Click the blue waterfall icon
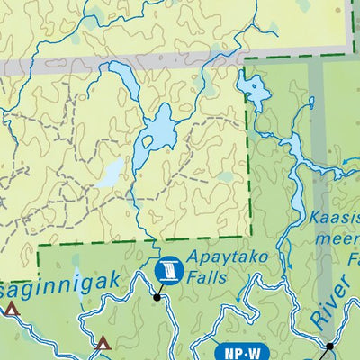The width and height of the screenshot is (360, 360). coord(167,268)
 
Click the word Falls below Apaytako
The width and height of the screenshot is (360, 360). coord(207,278)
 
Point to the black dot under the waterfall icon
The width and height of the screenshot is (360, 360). coord(157,296)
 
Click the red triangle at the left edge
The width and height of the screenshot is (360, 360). coord(12,310)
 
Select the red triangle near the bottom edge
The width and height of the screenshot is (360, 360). coord(103,343)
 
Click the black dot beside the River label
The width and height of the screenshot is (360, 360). coord(329,346)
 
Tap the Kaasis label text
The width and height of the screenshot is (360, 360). coord(334,217)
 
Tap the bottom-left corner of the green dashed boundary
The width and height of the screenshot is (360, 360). coord(39,245)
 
